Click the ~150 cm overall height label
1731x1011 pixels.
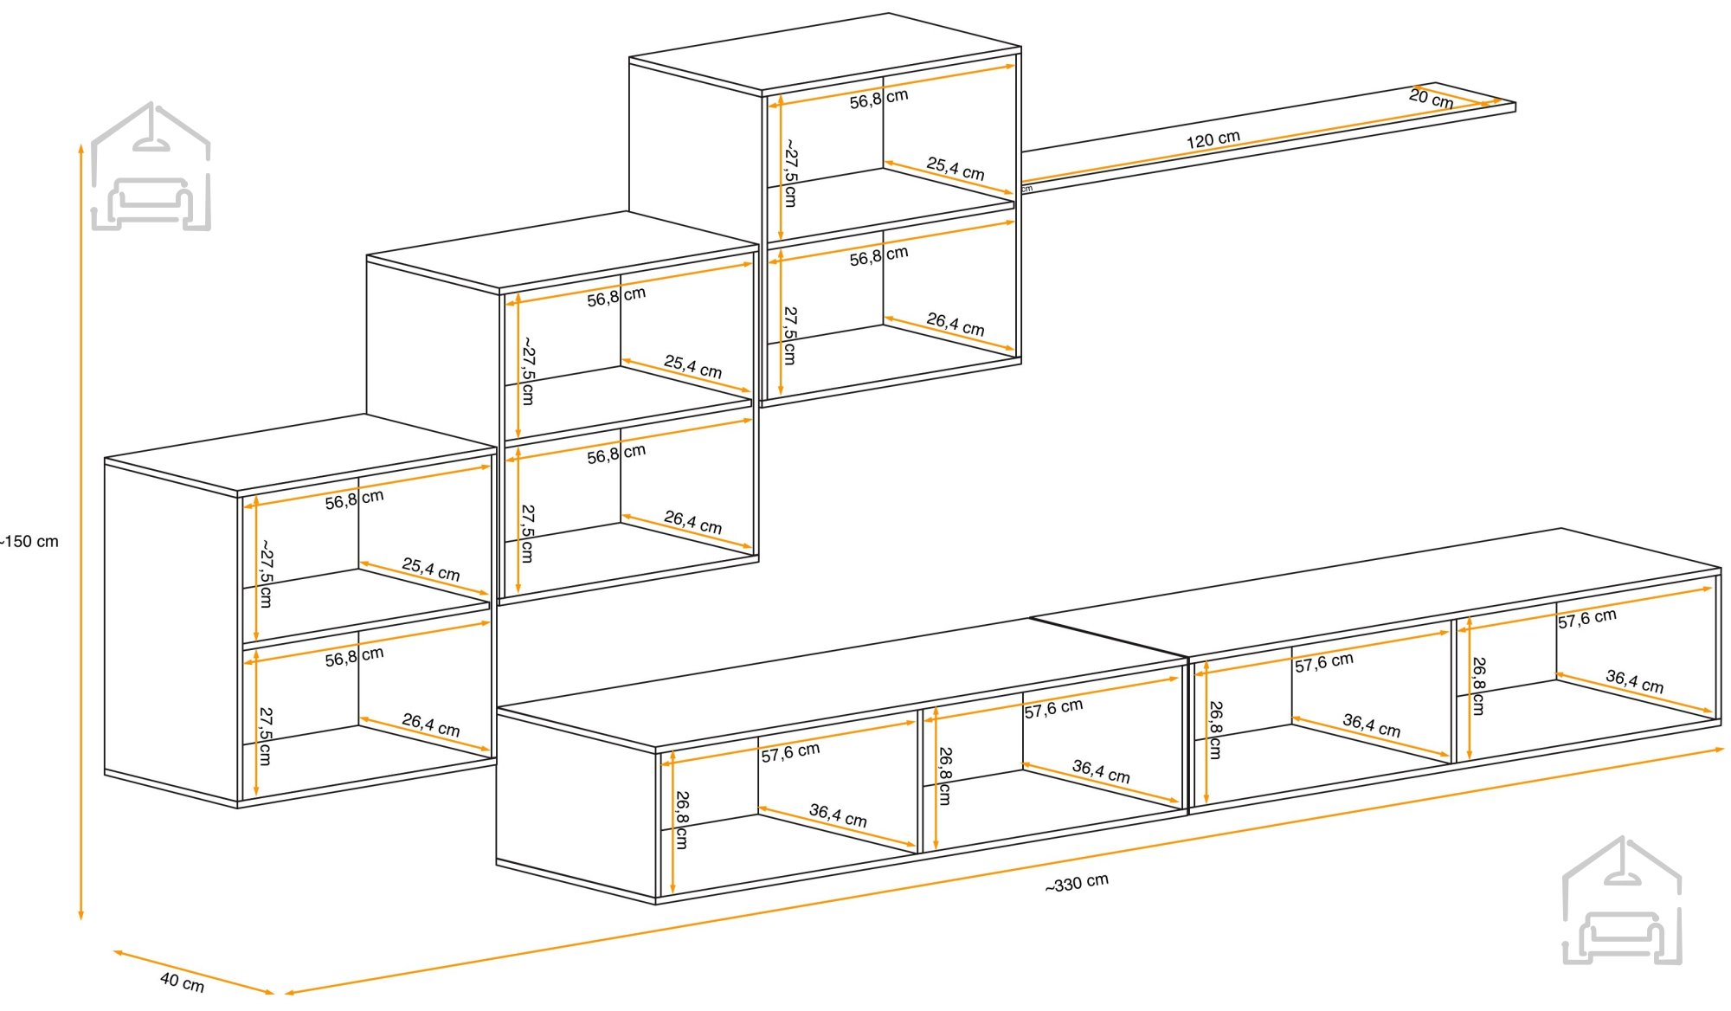point(31,542)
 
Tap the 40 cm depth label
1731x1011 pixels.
point(182,982)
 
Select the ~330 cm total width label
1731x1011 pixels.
point(1076,884)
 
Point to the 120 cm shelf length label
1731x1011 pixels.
point(1213,139)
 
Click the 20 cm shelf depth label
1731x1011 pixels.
point(1431,99)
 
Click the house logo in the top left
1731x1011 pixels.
point(151,167)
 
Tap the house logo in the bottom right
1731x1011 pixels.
point(1622,901)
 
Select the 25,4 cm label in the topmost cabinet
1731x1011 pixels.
point(956,168)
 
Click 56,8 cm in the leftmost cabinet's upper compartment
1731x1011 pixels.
point(354,499)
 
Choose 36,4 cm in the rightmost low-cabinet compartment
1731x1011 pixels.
point(1634,681)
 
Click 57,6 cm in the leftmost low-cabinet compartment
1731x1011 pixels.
point(790,752)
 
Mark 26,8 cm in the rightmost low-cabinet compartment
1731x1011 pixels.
point(1478,686)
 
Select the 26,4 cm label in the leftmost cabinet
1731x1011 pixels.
point(430,724)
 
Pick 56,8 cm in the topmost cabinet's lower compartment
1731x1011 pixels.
point(878,256)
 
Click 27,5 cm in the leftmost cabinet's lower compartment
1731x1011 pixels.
point(265,736)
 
